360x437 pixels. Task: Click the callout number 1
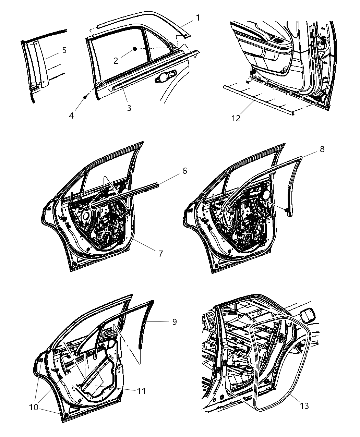(x=198, y=17)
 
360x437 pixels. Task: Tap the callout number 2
(x=116, y=61)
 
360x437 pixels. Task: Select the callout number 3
(x=129, y=108)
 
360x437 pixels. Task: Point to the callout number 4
(x=71, y=116)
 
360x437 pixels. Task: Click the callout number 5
(x=64, y=50)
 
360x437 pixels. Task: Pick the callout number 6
(x=184, y=170)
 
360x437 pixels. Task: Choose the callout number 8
(x=322, y=149)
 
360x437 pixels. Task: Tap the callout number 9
(x=174, y=321)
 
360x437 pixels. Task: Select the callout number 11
(x=141, y=391)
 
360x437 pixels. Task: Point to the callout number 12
(x=236, y=118)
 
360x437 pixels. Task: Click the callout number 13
(x=304, y=406)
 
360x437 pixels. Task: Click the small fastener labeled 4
(x=84, y=98)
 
